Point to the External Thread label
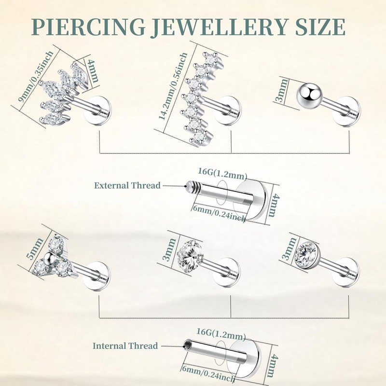pyautogui.click(x=127, y=185)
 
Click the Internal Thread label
pyautogui.click(x=125, y=345)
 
